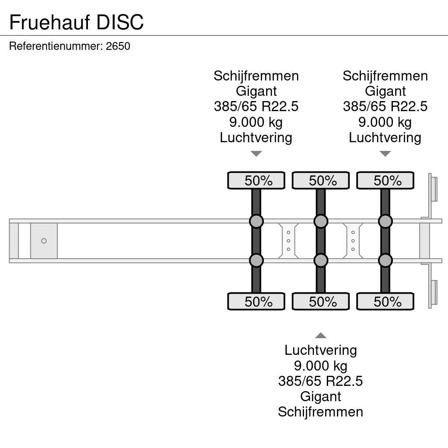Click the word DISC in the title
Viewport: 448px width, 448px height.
click(x=120, y=22)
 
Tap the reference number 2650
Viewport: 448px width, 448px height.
click(x=118, y=46)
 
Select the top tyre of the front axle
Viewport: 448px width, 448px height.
click(x=256, y=181)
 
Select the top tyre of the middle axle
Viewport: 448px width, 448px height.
click(x=321, y=181)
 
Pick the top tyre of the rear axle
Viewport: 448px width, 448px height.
click(x=385, y=181)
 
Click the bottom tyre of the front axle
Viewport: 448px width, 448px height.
click(x=256, y=302)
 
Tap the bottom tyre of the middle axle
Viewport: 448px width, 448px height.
click(x=321, y=302)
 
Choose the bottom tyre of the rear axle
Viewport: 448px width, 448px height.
click(x=385, y=302)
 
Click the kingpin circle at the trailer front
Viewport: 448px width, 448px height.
click(x=44, y=241)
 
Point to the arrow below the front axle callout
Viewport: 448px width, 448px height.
click(x=256, y=154)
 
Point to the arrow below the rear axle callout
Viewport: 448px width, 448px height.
click(x=385, y=154)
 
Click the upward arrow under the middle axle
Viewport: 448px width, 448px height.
click(x=321, y=336)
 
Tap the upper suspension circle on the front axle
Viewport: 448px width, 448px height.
click(x=256, y=221)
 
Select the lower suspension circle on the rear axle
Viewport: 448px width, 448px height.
click(x=385, y=261)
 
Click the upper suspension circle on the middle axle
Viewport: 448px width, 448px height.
click(x=321, y=221)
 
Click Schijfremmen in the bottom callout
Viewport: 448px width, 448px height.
click(x=321, y=412)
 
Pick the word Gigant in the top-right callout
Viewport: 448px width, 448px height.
click(x=385, y=91)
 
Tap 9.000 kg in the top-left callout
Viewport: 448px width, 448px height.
click(x=256, y=122)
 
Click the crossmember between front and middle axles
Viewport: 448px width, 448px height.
click(x=288, y=241)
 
